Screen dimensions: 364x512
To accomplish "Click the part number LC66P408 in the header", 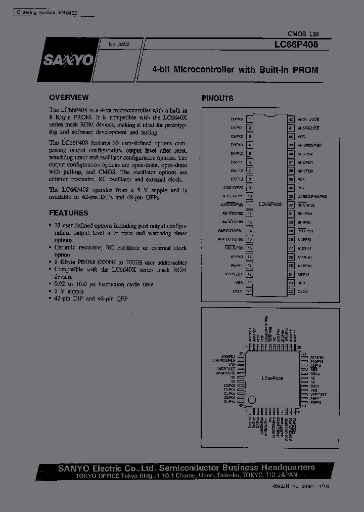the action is click(296, 45).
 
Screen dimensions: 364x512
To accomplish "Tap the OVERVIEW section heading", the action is click(69, 98).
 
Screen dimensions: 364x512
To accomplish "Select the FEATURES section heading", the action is click(68, 213).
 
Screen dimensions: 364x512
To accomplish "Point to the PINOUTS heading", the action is click(217, 98).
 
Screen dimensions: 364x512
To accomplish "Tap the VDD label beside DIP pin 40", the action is click(302, 137).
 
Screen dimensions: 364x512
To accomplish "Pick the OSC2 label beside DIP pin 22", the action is click(302, 291).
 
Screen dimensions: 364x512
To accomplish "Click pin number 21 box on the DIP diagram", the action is click(250, 291).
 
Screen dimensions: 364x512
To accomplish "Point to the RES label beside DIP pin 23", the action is click(301, 282).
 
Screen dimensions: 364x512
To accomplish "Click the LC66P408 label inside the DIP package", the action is click(270, 205).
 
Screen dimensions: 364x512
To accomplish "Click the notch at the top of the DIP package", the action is click(270, 116).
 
